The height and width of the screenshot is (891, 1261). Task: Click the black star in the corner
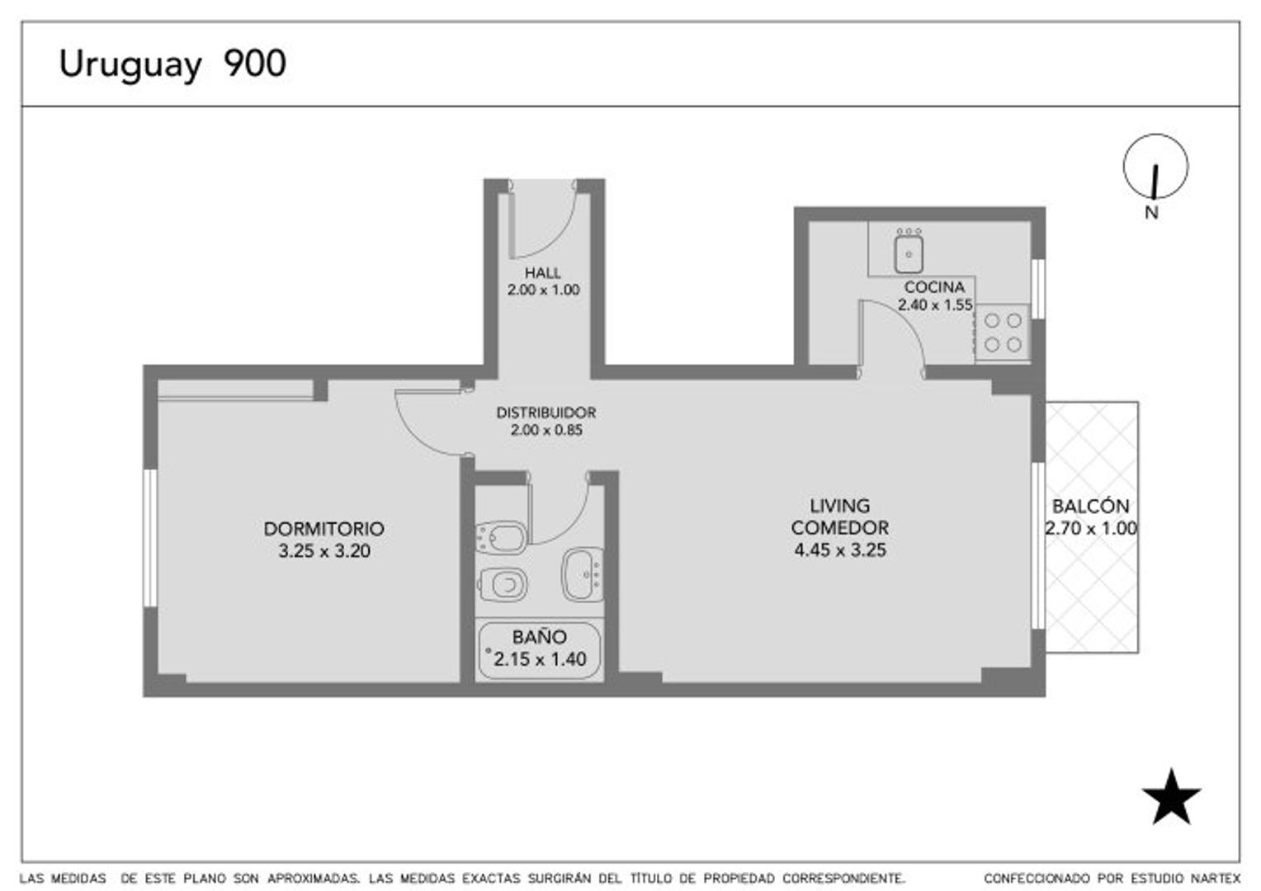1171,798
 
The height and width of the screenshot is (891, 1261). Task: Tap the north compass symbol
1155,167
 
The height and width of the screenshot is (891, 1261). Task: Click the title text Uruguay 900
172,64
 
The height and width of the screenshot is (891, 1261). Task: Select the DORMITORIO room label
324,529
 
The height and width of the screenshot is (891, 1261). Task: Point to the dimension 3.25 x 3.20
324,551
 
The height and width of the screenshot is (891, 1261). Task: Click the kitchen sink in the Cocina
908,253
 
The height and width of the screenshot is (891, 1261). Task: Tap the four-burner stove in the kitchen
1002,332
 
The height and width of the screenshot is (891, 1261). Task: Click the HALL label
542,272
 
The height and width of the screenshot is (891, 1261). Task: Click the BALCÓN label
1090,506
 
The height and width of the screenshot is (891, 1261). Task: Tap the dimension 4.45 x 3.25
839,550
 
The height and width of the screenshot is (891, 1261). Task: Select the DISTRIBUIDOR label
545,412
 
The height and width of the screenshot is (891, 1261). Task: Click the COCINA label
934,287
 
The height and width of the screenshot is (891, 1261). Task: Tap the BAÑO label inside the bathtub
539,637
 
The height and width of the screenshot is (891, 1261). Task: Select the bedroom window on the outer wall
149,538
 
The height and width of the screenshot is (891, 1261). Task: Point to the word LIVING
839,506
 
